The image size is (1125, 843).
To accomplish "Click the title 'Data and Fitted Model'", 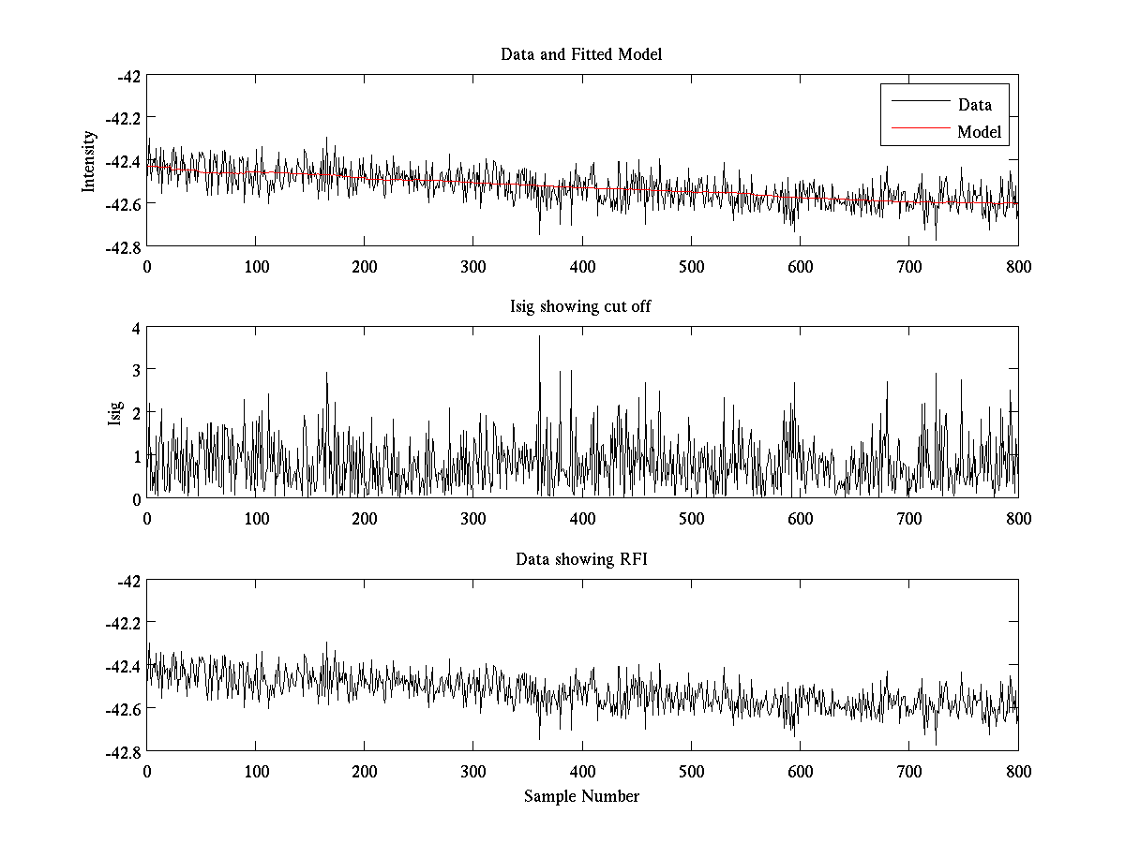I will point(581,54).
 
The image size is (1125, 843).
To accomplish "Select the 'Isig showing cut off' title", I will point(581,307).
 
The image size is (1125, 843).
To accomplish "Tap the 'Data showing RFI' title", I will point(581,559).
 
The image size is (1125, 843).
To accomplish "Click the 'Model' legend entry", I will point(980,132).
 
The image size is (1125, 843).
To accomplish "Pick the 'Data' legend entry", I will point(974,105).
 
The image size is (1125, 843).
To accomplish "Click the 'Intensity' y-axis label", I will point(89,160).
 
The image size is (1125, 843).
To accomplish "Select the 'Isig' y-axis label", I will point(114,413).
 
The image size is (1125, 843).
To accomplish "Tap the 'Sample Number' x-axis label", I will point(581,796).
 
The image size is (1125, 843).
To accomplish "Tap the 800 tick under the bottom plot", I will point(1018,771).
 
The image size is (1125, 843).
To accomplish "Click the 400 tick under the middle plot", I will point(582,519).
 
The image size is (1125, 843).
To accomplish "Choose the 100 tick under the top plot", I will point(255,267).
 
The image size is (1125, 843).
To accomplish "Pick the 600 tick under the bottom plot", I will point(800,771).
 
